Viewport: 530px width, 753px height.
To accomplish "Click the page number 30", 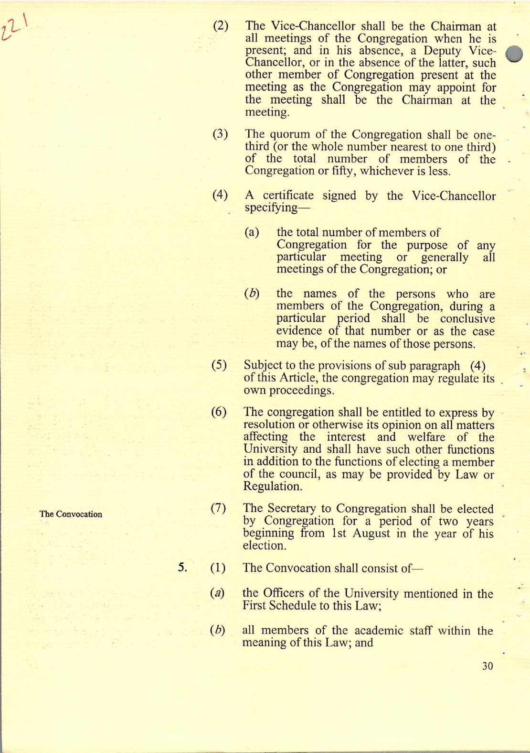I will click(487, 666).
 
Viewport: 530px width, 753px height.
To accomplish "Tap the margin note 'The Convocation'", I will click(71, 514).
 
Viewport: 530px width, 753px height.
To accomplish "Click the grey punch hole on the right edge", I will click(514, 54).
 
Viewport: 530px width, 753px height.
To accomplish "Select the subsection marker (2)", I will click(220, 26).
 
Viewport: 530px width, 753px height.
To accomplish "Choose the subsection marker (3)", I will click(220, 134).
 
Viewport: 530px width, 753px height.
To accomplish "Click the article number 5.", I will click(182, 567).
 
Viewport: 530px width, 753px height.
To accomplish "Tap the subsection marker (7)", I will click(218, 508).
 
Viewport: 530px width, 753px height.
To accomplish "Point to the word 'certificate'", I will click(288, 196).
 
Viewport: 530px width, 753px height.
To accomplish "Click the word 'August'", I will click(372, 534).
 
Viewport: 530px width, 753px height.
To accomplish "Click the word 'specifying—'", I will click(271, 208).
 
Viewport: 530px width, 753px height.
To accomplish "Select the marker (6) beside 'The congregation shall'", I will click(219, 412).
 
